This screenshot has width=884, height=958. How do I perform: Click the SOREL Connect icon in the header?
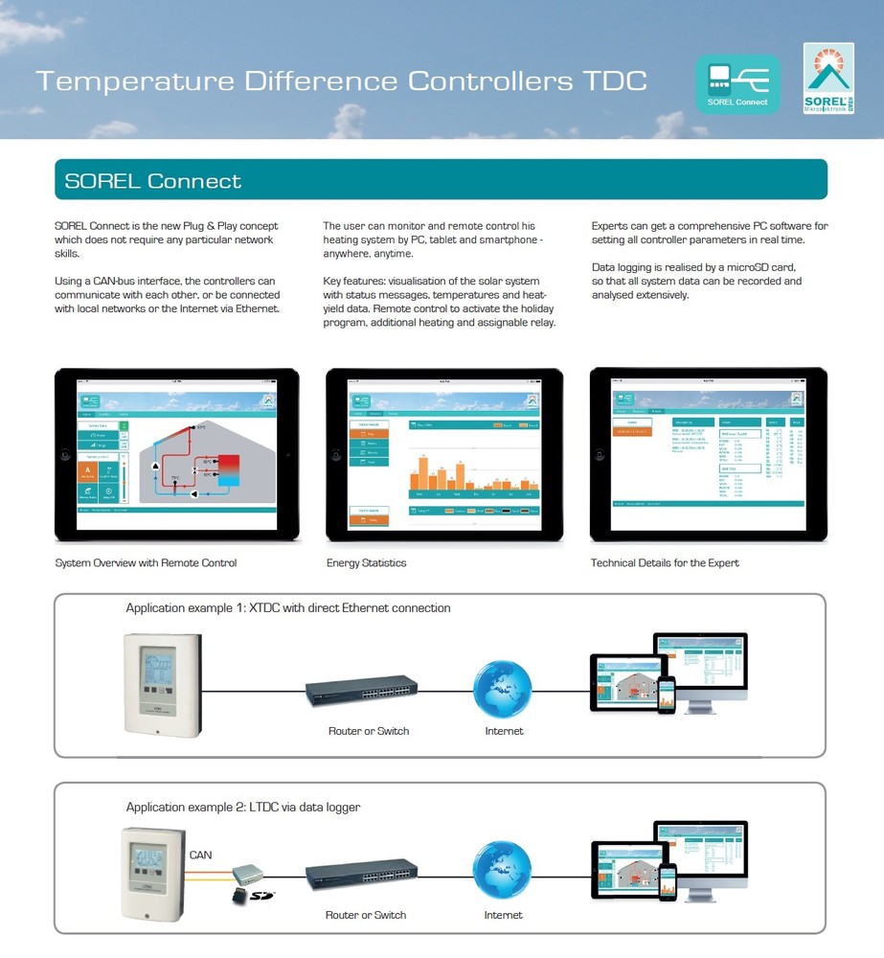tap(737, 84)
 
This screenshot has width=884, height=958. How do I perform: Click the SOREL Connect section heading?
tap(153, 180)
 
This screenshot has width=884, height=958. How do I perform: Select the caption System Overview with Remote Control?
tap(146, 562)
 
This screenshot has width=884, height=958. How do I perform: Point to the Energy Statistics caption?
tap(366, 562)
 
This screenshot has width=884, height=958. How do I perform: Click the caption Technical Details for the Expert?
tap(665, 562)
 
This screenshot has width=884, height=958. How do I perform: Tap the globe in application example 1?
tap(503, 690)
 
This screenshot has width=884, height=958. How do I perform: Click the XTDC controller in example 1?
tap(163, 683)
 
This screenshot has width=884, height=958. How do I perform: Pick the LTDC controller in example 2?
tap(152, 873)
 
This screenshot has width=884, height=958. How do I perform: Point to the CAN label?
tap(201, 855)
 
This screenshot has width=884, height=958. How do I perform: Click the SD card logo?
tap(261, 896)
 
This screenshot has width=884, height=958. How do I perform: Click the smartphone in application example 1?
tap(667, 696)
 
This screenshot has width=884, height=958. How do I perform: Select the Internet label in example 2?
tap(504, 915)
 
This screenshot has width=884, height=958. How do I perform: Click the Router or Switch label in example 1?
tap(369, 731)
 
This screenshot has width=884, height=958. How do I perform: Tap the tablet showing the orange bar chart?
tap(444, 454)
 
